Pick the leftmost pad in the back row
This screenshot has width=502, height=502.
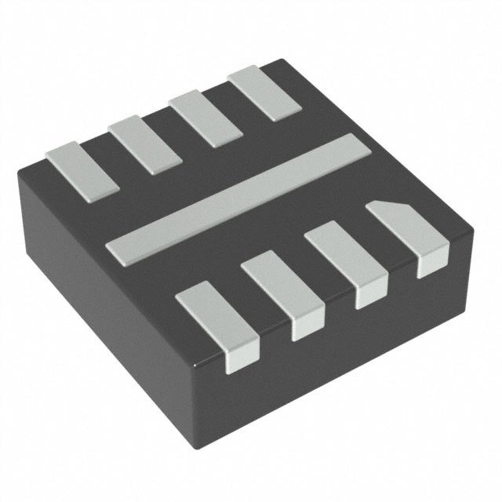point(81,167)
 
